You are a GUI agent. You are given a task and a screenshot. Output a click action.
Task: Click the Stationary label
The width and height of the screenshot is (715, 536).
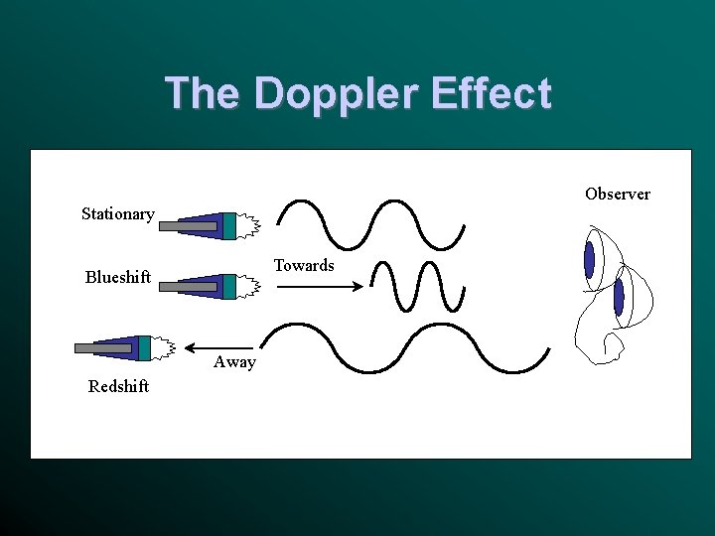(117, 213)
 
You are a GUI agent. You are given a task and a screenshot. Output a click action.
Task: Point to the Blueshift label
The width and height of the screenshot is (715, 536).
(117, 277)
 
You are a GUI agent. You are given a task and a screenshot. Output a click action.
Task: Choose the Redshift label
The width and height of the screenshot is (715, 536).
(118, 386)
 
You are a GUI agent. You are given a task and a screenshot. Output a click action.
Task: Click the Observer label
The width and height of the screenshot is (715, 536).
(617, 194)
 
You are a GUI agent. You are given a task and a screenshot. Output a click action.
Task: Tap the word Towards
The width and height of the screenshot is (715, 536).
(304, 265)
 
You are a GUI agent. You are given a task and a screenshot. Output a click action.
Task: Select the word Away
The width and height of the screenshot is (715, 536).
(234, 362)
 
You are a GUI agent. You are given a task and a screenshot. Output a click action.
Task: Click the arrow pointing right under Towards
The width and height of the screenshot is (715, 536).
(318, 288)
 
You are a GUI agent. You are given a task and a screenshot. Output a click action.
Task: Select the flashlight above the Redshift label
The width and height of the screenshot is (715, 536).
(124, 347)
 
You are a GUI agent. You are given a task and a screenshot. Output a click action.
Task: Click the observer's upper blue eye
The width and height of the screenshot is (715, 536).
(589, 260)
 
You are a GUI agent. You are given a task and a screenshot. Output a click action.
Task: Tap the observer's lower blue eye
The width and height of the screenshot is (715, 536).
(619, 297)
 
